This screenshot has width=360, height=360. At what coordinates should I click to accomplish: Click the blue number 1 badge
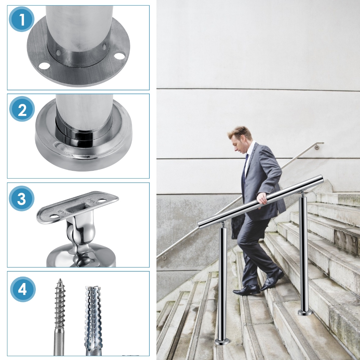[21, 19]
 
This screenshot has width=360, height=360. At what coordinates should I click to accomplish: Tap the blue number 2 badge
[22, 109]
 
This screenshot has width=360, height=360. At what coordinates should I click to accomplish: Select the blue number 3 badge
[21, 198]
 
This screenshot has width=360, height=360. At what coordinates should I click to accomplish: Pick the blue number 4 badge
[23, 289]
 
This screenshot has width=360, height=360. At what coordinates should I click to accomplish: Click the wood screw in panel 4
[59, 317]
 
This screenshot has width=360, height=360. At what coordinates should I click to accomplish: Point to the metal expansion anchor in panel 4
[93, 321]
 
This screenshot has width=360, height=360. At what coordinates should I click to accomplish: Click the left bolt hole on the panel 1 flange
[44, 66]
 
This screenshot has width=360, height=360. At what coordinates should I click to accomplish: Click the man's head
[240, 139]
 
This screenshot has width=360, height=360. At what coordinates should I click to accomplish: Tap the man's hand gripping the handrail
[262, 199]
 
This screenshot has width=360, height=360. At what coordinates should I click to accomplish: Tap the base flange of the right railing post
[305, 312]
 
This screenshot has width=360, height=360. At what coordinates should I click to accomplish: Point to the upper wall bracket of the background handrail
[317, 147]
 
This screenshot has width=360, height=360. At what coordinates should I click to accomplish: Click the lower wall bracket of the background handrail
[164, 257]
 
